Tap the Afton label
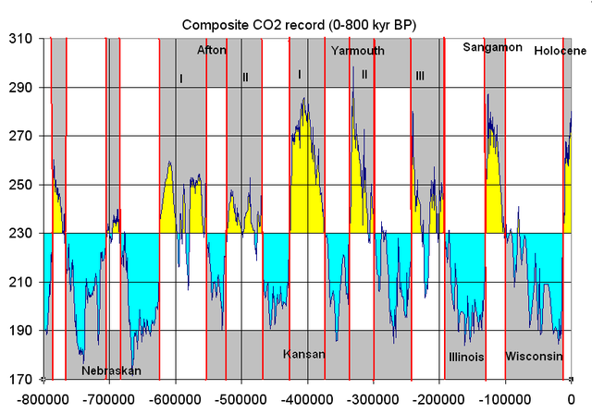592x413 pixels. (x=211, y=51)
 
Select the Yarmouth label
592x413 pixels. (x=357, y=51)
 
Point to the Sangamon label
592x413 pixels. (x=492, y=47)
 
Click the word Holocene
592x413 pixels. (x=560, y=52)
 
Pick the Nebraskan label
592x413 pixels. (x=111, y=370)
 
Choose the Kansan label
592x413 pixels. (x=304, y=354)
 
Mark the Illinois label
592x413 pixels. (x=466, y=356)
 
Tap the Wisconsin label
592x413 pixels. (x=534, y=356)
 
